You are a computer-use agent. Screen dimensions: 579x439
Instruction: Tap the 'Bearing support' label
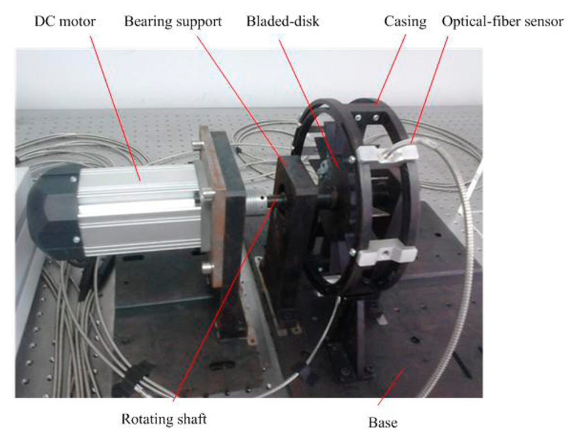point(173,22)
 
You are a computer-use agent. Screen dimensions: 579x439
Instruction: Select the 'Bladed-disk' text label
point(283,22)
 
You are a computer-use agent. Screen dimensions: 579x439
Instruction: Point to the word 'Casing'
point(405,22)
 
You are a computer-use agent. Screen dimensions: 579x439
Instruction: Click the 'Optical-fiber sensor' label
point(503,22)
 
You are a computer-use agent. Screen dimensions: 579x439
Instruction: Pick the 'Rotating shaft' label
point(164,419)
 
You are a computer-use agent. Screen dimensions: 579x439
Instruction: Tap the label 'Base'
point(383,422)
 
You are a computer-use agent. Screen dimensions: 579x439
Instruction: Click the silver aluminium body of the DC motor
point(141,209)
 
